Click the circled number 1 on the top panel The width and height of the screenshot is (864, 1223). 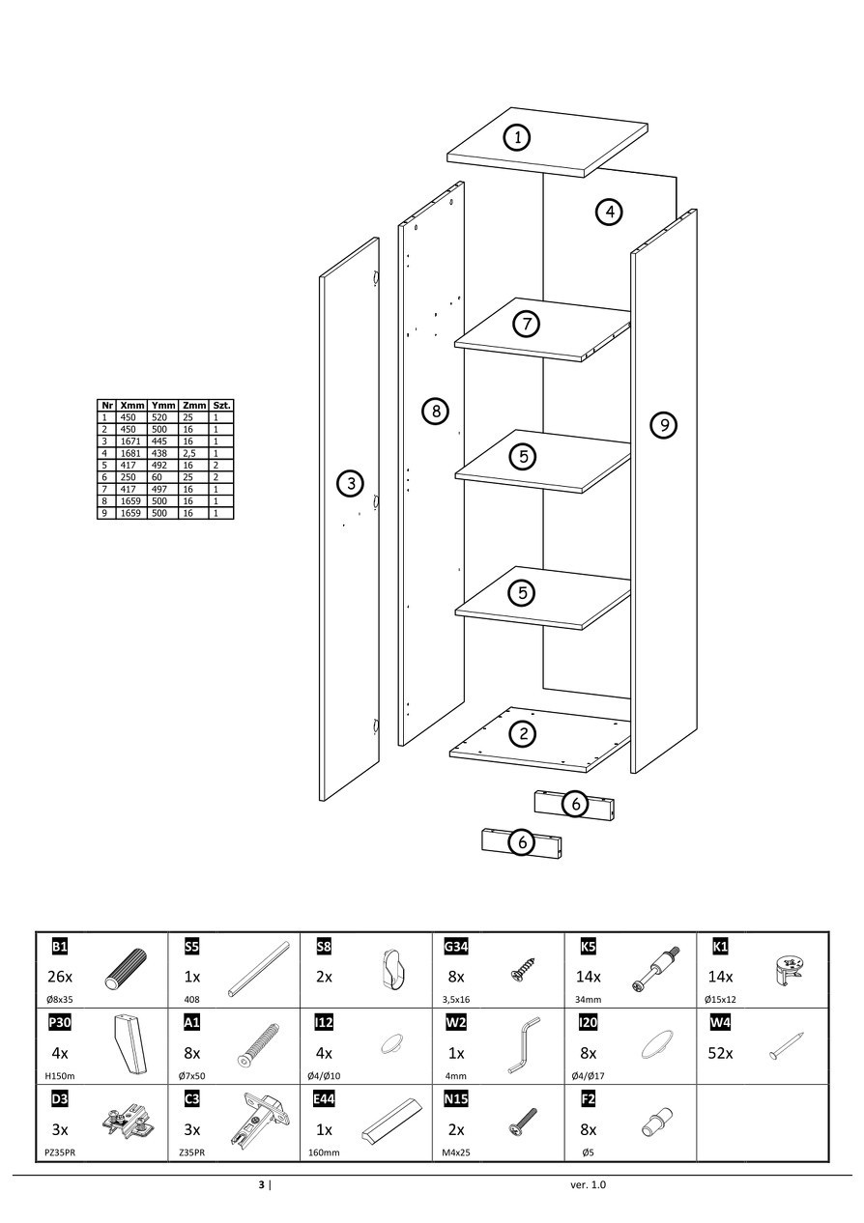[518, 138]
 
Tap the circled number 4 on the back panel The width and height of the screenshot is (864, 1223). [608, 212]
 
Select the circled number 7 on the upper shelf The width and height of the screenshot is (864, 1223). [526, 324]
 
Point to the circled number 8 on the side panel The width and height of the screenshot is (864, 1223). [436, 412]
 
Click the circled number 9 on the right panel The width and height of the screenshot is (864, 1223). [662, 424]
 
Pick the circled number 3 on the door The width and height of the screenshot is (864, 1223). [350, 484]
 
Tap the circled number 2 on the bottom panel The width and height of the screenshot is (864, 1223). [523, 734]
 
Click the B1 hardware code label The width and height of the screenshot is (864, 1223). [60, 946]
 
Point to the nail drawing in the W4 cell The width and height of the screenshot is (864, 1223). [788, 1046]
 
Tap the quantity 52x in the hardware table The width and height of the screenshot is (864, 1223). [721, 1053]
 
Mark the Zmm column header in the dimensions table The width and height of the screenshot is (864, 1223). [194, 406]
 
